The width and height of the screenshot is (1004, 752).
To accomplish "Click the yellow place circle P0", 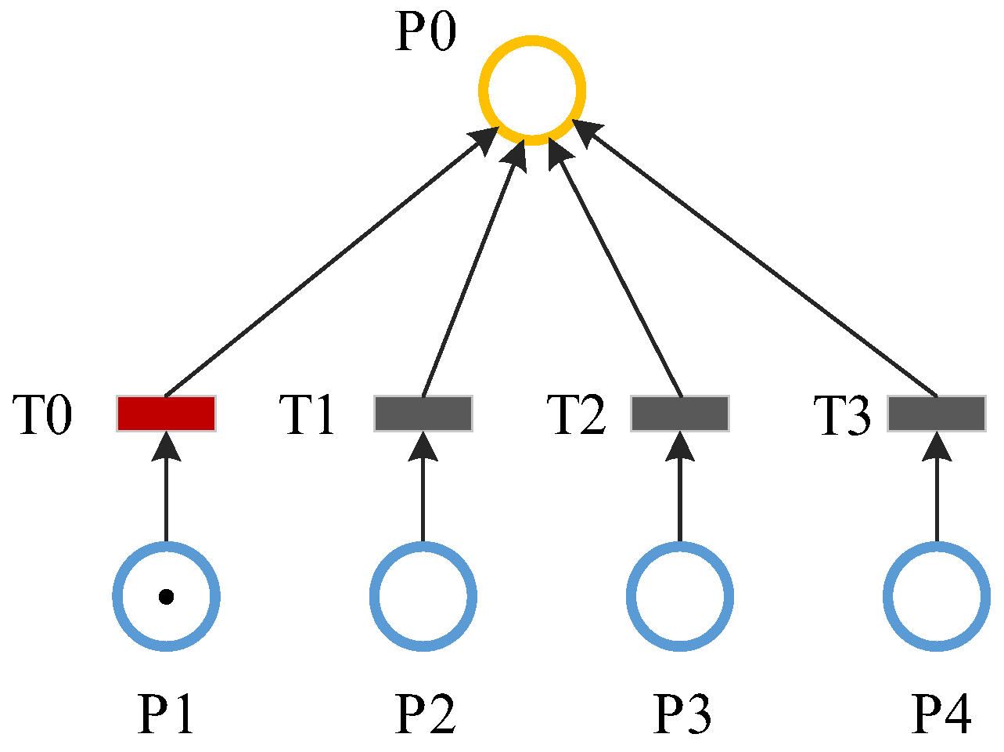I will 532,91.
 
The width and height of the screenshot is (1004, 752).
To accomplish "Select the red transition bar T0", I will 166,414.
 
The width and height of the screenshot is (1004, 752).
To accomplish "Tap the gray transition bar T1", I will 423,414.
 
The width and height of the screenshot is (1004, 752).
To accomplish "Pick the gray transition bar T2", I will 680,414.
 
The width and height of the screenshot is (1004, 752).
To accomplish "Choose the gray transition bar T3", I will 937,414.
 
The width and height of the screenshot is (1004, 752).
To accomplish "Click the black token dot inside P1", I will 166,597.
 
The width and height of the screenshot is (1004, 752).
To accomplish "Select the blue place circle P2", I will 423,596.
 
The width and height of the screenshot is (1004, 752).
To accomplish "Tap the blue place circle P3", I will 680,596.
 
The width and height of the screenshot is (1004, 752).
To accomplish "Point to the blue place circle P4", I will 937,596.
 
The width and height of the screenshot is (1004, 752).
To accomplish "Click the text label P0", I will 425,33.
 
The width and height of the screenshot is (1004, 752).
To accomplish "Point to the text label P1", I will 166,714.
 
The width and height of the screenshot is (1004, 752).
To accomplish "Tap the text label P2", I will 425,714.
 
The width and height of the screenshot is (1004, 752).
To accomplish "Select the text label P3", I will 682,714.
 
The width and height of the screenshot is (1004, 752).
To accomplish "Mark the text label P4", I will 941,714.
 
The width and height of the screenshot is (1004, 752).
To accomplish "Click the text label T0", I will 42,415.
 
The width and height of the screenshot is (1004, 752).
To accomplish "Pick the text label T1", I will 308,415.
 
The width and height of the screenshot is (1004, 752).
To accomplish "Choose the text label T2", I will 576,415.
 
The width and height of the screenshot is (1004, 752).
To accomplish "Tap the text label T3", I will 842,415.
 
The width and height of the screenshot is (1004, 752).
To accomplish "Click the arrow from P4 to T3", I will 937,493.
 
